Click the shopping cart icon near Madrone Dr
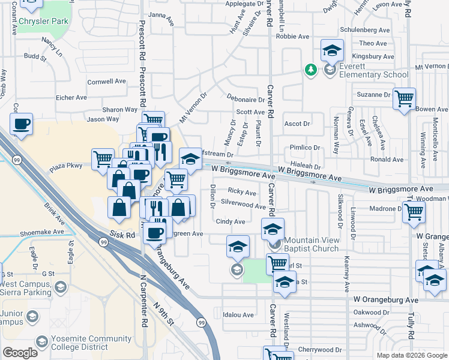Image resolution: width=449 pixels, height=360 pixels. coord(414,211)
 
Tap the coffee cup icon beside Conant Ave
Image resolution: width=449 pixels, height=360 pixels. coord(22,124)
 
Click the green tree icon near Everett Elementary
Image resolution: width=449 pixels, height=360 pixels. coord(311,70)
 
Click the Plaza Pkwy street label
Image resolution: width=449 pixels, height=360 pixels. coord(66,165)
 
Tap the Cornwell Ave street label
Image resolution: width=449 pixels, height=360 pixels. coord(106,81)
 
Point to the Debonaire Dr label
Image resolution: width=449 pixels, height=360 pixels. coord(246,99)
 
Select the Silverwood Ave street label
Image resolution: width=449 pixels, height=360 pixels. coord(243,206)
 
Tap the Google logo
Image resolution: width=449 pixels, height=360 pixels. coord(20,353)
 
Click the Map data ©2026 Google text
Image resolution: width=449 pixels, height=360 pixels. coord(412,355)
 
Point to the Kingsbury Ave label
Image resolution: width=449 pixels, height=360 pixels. coord(372,56)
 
